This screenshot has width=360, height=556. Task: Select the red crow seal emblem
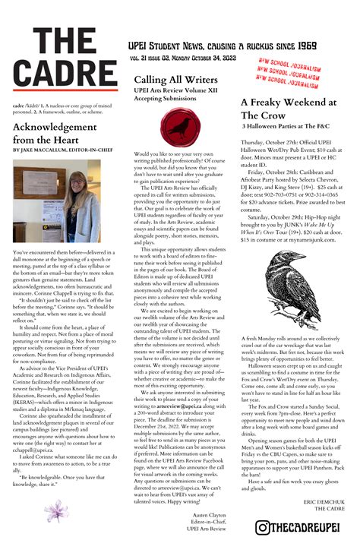click(178, 128)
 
